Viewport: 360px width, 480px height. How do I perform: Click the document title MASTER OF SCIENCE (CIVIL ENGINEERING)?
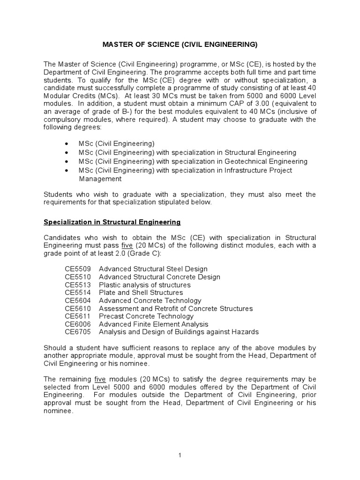click(180, 45)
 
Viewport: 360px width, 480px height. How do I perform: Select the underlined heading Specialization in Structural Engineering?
click(112, 222)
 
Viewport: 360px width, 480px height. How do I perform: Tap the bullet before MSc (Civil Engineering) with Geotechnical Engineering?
click(68, 162)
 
